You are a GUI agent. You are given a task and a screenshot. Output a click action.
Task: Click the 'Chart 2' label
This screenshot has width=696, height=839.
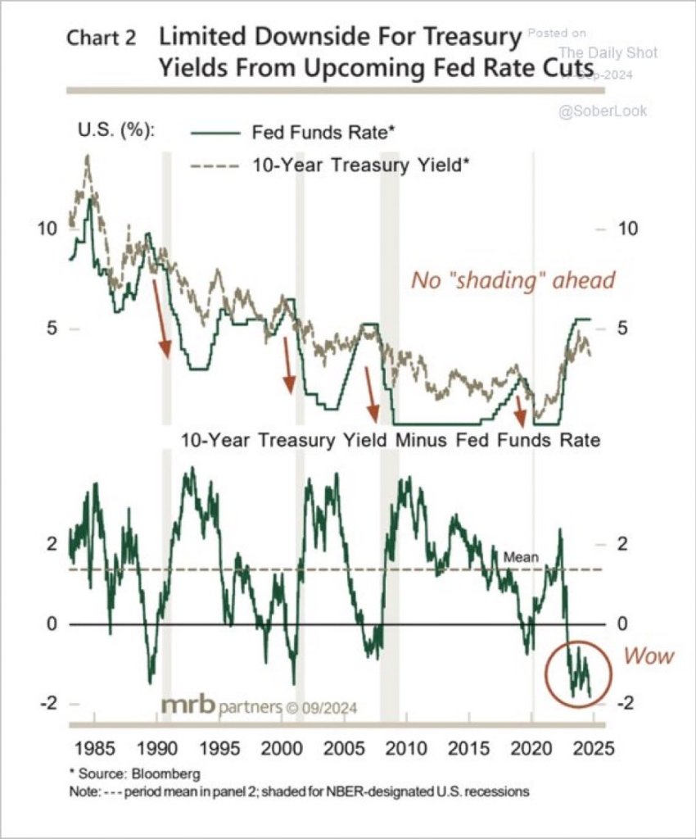pyautogui.click(x=101, y=39)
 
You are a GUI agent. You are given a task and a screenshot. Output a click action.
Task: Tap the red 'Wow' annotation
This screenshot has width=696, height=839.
pyautogui.click(x=649, y=656)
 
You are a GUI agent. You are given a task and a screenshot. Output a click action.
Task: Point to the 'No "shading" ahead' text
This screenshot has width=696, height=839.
pyautogui.click(x=513, y=280)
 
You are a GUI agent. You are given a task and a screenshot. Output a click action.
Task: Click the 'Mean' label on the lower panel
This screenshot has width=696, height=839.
pyautogui.click(x=521, y=557)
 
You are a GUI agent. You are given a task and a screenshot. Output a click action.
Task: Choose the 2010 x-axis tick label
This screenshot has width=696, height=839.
pyautogui.click(x=403, y=748)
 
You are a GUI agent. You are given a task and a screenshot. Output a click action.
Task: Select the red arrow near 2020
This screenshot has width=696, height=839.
pyautogui.click(x=522, y=410)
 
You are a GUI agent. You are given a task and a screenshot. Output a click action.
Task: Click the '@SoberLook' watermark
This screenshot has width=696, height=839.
pyautogui.click(x=602, y=110)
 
